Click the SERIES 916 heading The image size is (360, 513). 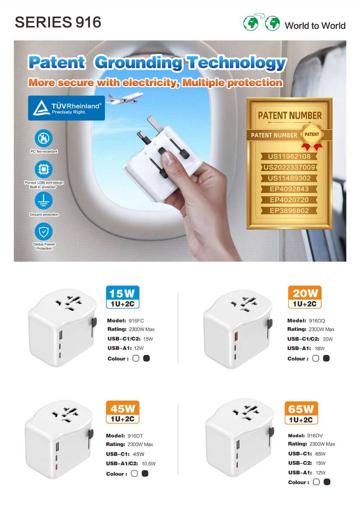tap(58, 22)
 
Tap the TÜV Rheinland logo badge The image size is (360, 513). tap(67, 108)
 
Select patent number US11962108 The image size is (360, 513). tap(289, 156)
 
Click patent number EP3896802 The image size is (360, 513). tap(289, 211)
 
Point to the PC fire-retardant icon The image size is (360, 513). tap(43, 138)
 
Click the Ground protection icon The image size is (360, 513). tap(43, 200)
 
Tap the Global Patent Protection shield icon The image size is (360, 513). tap(43, 232)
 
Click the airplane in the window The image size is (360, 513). tap(125, 98)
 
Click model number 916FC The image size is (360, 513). tap(136, 320)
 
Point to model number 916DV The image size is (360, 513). tap(315, 436)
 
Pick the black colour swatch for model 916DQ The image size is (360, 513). tap(326, 358)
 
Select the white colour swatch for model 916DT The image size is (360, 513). tap(134, 474)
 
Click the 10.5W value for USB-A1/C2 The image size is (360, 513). tap(148, 464)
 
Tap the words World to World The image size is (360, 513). tap(315, 25)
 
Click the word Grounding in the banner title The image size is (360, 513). tap(139, 63)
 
